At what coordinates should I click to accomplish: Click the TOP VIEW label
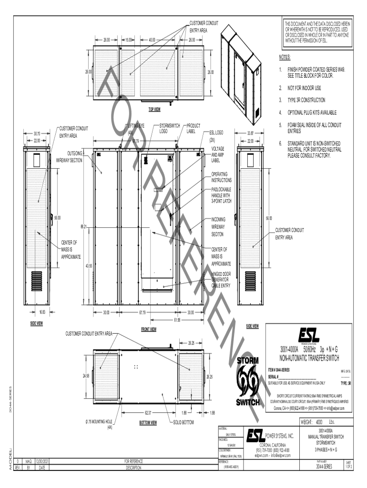click(x=154, y=110)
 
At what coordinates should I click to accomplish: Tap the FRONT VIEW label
click(x=149, y=329)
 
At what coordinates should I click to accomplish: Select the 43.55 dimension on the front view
click(x=89, y=266)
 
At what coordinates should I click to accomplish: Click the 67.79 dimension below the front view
click(x=142, y=313)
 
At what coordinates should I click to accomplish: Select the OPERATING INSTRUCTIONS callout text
click(x=222, y=177)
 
